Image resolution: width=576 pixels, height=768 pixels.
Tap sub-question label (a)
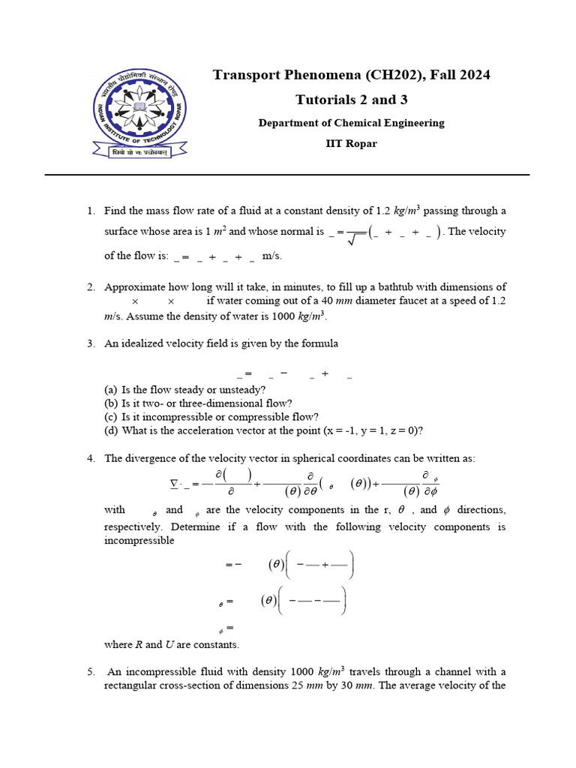pos(111,391)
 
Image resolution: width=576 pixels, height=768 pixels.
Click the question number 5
pos(90,671)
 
